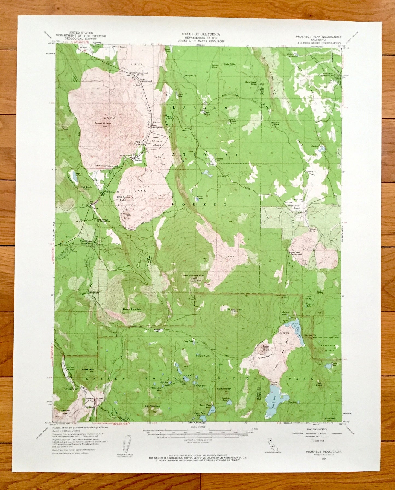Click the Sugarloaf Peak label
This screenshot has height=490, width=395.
click(103, 123)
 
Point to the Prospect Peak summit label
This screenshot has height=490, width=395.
click(235, 309)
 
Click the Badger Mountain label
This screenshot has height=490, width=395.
click(132, 309)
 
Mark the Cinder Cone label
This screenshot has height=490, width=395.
click(266, 348)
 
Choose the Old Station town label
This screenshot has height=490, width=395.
click(138, 159)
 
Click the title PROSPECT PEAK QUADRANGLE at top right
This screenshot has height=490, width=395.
click(318, 37)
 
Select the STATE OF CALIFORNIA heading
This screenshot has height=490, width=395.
click(201, 34)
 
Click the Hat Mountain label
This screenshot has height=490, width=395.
click(152, 406)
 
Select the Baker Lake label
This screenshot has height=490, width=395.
click(200, 198)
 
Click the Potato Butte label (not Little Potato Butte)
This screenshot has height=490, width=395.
click(126, 216)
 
